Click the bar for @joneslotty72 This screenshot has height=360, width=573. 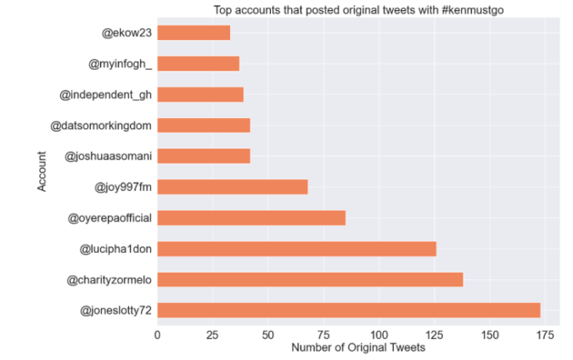pyautogui.click(x=348, y=310)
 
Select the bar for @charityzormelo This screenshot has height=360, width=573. pyautogui.click(x=310, y=279)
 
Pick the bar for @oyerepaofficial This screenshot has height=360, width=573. pyautogui.click(x=251, y=218)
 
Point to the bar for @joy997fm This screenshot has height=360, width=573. pyautogui.click(x=232, y=187)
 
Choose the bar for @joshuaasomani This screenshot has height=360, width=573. pyautogui.click(x=204, y=156)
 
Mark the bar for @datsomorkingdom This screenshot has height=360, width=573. pyautogui.click(x=204, y=126)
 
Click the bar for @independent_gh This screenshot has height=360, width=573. pyautogui.click(x=200, y=94)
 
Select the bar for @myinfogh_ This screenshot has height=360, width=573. pyautogui.click(x=198, y=64)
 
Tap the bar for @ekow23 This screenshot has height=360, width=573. pyautogui.click(x=194, y=33)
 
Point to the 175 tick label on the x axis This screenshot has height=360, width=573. pyautogui.click(x=544, y=335)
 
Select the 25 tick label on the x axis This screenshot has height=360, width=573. pyautogui.click(x=212, y=335)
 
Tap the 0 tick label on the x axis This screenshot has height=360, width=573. pyautogui.click(x=157, y=335)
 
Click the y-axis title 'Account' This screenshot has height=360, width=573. pyautogui.click(x=42, y=172)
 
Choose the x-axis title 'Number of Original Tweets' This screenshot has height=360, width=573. pyautogui.click(x=357, y=348)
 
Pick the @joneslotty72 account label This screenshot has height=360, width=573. pyautogui.click(x=116, y=311)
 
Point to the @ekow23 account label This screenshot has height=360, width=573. pyautogui.click(x=127, y=33)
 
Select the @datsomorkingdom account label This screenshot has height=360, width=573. pyautogui.click(x=101, y=126)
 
